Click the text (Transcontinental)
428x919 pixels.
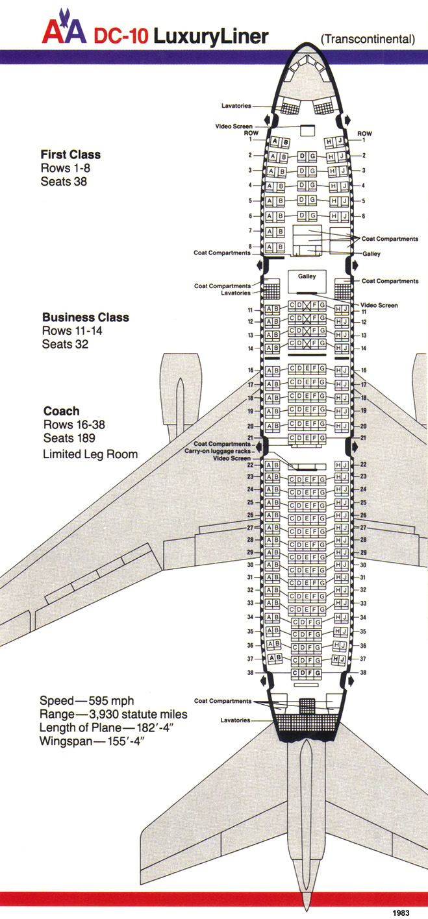click(x=368, y=40)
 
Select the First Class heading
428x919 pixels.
click(x=70, y=154)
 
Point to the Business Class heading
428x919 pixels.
click(x=85, y=317)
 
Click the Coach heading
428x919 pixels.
click(x=61, y=411)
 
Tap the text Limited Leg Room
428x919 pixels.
click(x=90, y=454)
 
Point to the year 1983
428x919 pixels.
click(x=401, y=912)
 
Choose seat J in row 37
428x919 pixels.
click(x=342, y=658)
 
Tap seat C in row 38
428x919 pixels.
click(x=296, y=674)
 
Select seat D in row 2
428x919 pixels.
click(x=302, y=156)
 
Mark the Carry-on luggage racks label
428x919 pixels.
click(x=225, y=451)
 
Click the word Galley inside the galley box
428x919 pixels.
click(x=307, y=276)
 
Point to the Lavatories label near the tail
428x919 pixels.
click(x=236, y=720)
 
